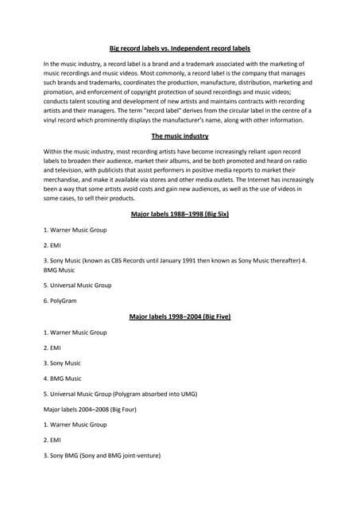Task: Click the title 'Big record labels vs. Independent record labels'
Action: pyautogui.click(x=180, y=49)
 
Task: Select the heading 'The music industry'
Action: pyautogui.click(x=180, y=136)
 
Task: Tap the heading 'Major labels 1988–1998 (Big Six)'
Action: pyautogui.click(x=180, y=214)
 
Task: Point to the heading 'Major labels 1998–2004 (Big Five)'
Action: pyautogui.click(x=180, y=317)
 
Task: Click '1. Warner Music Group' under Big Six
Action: pyautogui.click(x=75, y=230)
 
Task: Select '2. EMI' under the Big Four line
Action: pyautogui.click(x=52, y=440)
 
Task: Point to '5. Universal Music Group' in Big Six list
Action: pyautogui.click(x=77, y=285)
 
